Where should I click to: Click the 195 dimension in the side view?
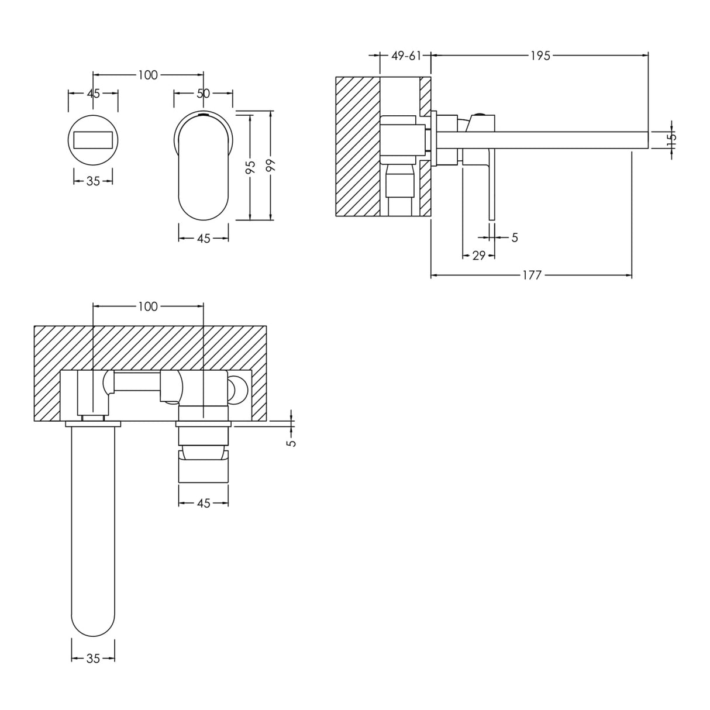540,56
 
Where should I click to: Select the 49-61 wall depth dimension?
406,56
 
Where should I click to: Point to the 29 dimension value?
478,256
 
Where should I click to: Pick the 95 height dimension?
250,167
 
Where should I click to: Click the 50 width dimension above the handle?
203,93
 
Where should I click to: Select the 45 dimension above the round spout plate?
93,93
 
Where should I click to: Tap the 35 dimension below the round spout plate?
93,181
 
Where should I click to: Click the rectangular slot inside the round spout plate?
93,140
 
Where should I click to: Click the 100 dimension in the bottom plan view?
148,306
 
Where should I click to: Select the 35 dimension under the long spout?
93,659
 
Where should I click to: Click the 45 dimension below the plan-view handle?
203,504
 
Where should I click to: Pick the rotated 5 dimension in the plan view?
291,442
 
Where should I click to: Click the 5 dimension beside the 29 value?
515,237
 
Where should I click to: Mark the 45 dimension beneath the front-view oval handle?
203,239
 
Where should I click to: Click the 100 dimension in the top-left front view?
148,75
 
